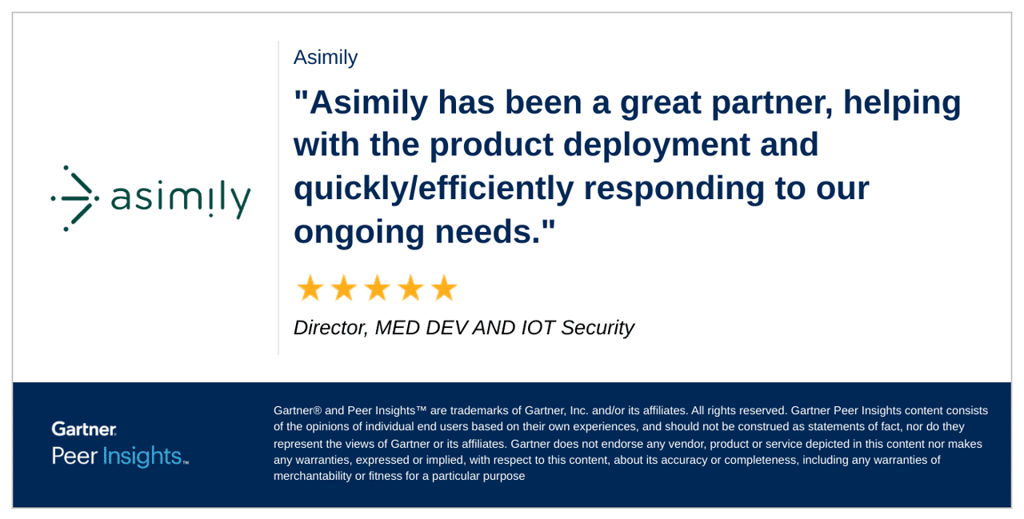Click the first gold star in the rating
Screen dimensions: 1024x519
pyautogui.click(x=310, y=288)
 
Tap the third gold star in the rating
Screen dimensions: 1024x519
pyautogui.click(x=378, y=288)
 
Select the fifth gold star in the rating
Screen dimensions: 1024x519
pyautogui.click(x=444, y=288)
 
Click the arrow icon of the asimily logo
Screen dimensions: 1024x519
pyautogui.click(x=74, y=198)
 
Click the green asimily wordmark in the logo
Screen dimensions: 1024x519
pyautogui.click(x=181, y=201)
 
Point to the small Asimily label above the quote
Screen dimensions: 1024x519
pyautogui.click(x=326, y=58)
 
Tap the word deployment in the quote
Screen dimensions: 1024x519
pyautogui.click(x=656, y=146)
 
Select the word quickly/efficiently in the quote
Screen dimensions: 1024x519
pyautogui.click(x=434, y=189)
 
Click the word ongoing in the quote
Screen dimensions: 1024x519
pyautogui.click(x=359, y=233)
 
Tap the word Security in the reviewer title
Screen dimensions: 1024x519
pyautogui.click(x=598, y=328)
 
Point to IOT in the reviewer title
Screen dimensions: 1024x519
pyautogui.click(x=538, y=328)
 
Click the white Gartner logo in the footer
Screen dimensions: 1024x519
pyautogui.click(x=84, y=429)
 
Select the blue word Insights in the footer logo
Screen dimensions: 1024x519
pyautogui.click(x=142, y=456)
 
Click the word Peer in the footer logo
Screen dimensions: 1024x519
pyautogui.click(x=74, y=456)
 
